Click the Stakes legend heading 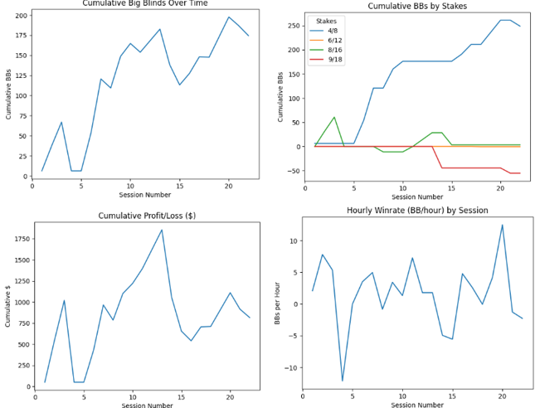[x=327, y=21]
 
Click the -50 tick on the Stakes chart [x=290, y=171]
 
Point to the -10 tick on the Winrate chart [x=290, y=367]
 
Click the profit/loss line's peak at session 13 [x=162, y=230]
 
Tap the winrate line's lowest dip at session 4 [x=343, y=381]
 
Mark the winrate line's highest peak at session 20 [x=502, y=225]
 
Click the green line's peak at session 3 [x=334, y=118]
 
